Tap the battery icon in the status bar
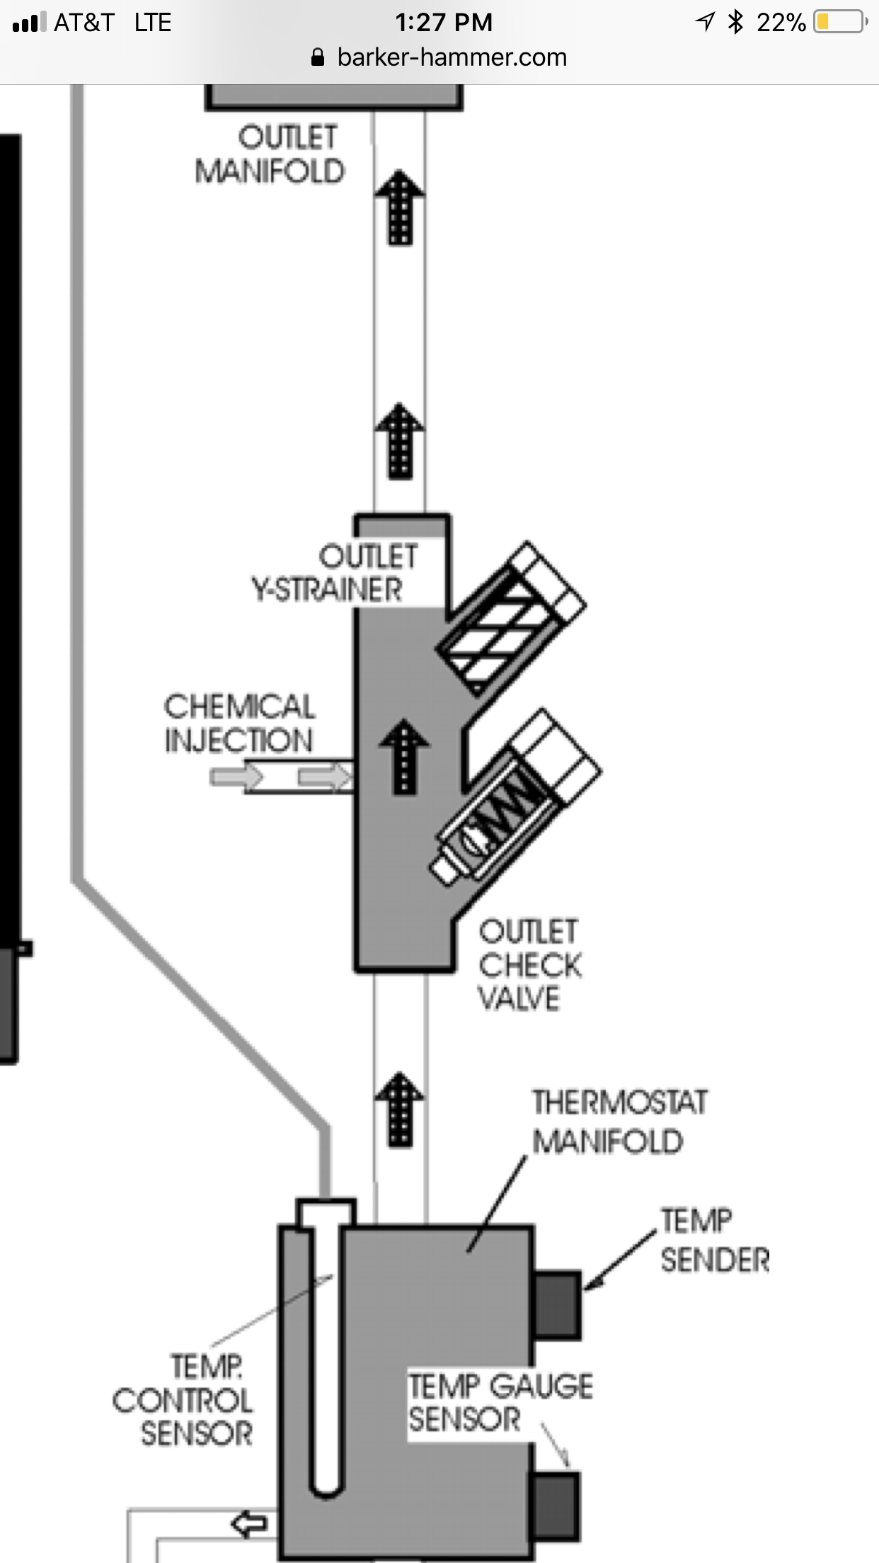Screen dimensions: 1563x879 (840, 22)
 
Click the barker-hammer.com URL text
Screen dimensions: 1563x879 (452, 57)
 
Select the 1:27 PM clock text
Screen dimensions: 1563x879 (444, 23)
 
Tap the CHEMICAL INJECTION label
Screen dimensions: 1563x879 (239, 723)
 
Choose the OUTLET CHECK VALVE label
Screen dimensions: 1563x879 (529, 964)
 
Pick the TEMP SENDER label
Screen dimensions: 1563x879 (713, 1240)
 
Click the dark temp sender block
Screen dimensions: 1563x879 (557, 1305)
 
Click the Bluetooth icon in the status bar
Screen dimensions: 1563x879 (736, 22)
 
